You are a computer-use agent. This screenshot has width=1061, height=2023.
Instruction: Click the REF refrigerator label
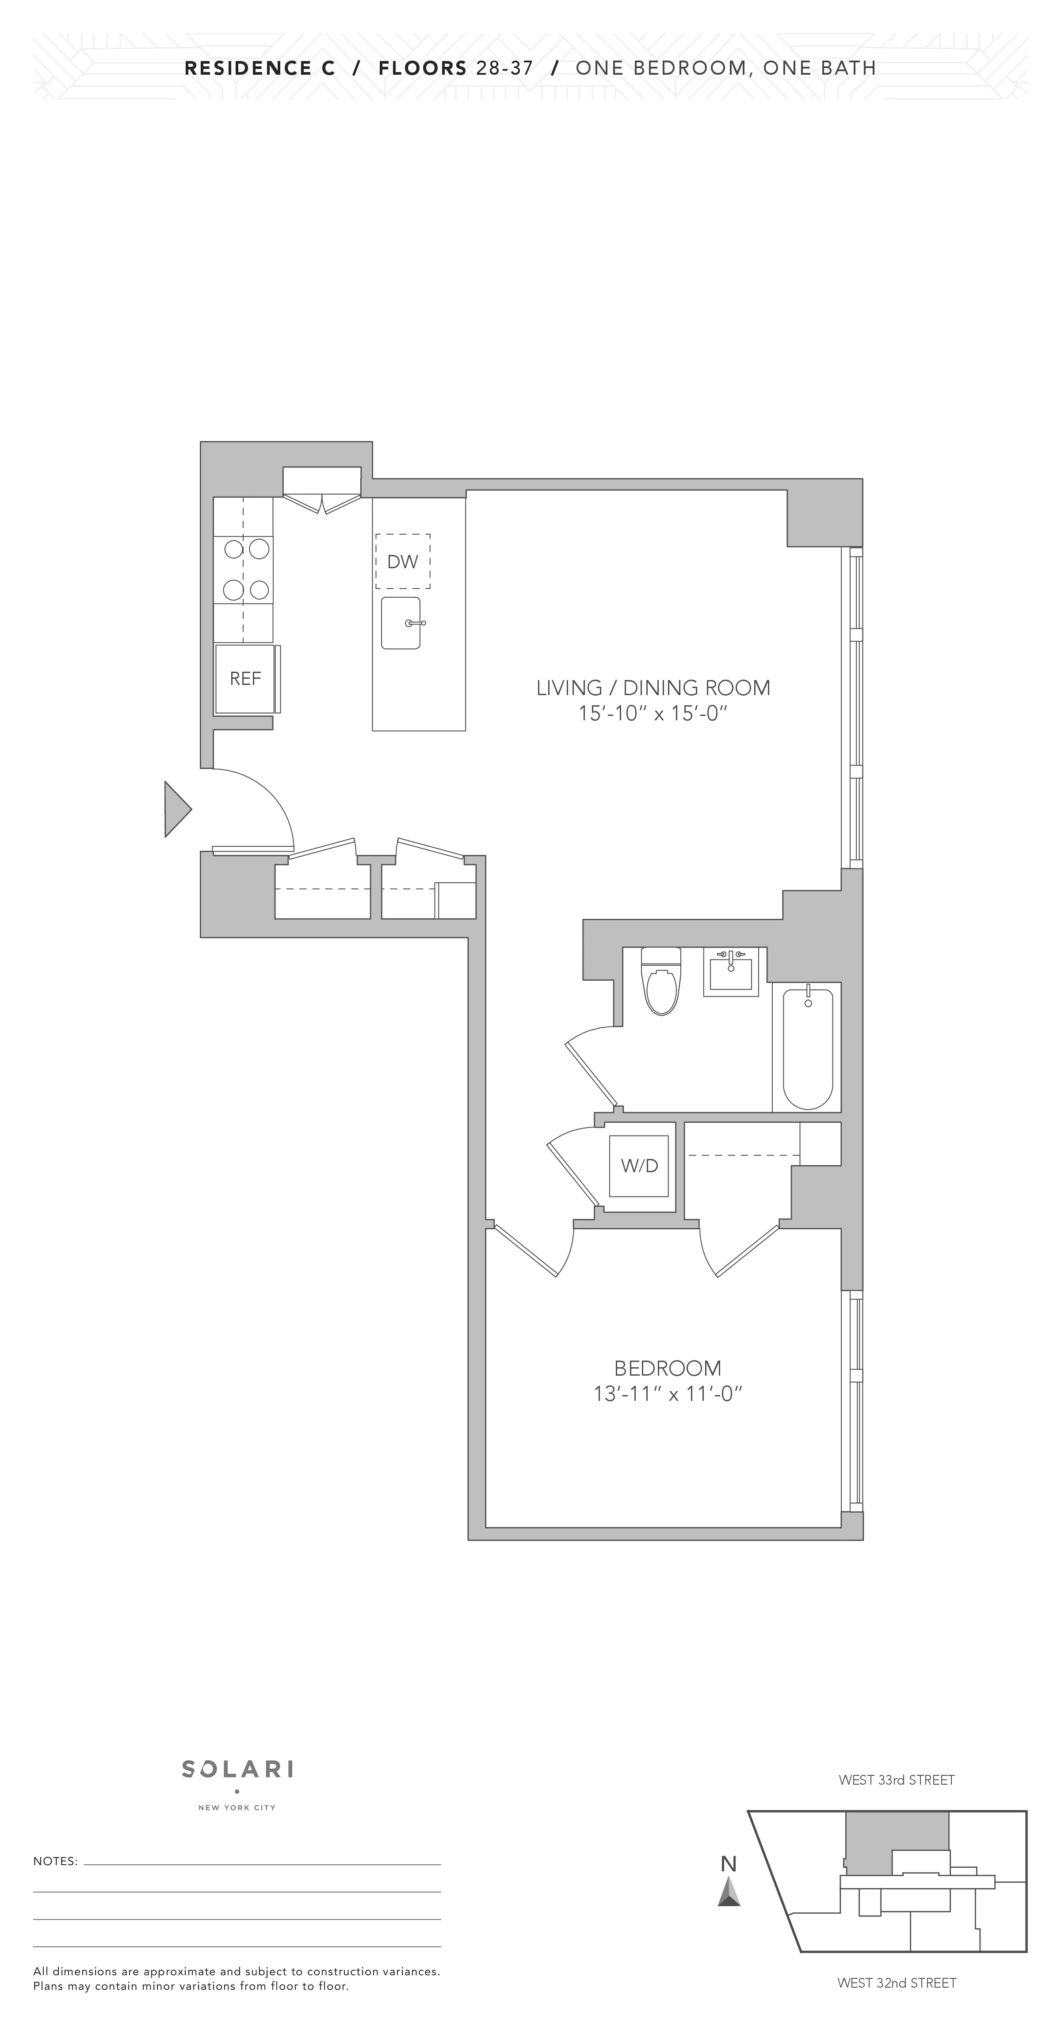point(245,678)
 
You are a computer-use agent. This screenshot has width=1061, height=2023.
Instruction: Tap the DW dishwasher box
point(403,562)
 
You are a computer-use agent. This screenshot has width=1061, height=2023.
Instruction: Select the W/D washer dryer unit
point(639,1166)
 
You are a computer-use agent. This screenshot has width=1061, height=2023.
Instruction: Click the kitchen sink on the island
point(401,623)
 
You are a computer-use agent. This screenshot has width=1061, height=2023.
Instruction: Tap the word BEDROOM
point(668,1368)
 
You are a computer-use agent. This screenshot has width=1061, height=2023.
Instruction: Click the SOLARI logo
point(237,1769)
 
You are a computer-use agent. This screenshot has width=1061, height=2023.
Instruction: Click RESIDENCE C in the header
point(260,69)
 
